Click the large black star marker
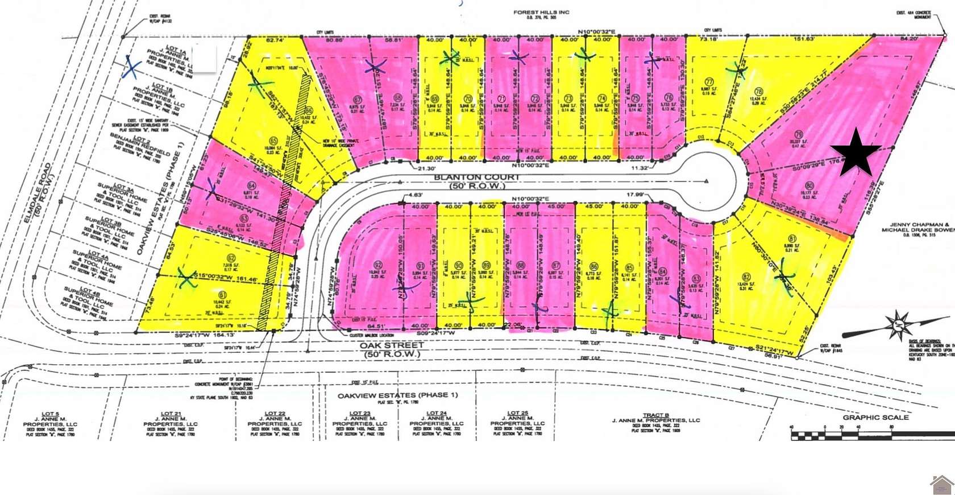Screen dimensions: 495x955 (856, 152)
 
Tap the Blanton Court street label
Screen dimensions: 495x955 (476, 178)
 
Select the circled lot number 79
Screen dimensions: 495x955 (798, 135)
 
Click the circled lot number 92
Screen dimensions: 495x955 (377, 265)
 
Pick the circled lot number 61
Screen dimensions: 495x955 (222, 294)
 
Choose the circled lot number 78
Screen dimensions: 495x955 (758, 91)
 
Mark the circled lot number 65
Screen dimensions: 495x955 (273, 141)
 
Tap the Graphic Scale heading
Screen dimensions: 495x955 (875, 417)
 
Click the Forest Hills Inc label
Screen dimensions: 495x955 (541, 12)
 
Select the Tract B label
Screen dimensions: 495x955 (655, 415)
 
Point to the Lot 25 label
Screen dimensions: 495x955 (517, 413)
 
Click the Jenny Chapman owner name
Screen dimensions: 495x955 (916, 225)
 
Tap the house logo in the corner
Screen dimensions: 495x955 (941, 484)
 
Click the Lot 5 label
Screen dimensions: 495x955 (50, 414)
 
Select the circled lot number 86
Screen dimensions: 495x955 (594, 266)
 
